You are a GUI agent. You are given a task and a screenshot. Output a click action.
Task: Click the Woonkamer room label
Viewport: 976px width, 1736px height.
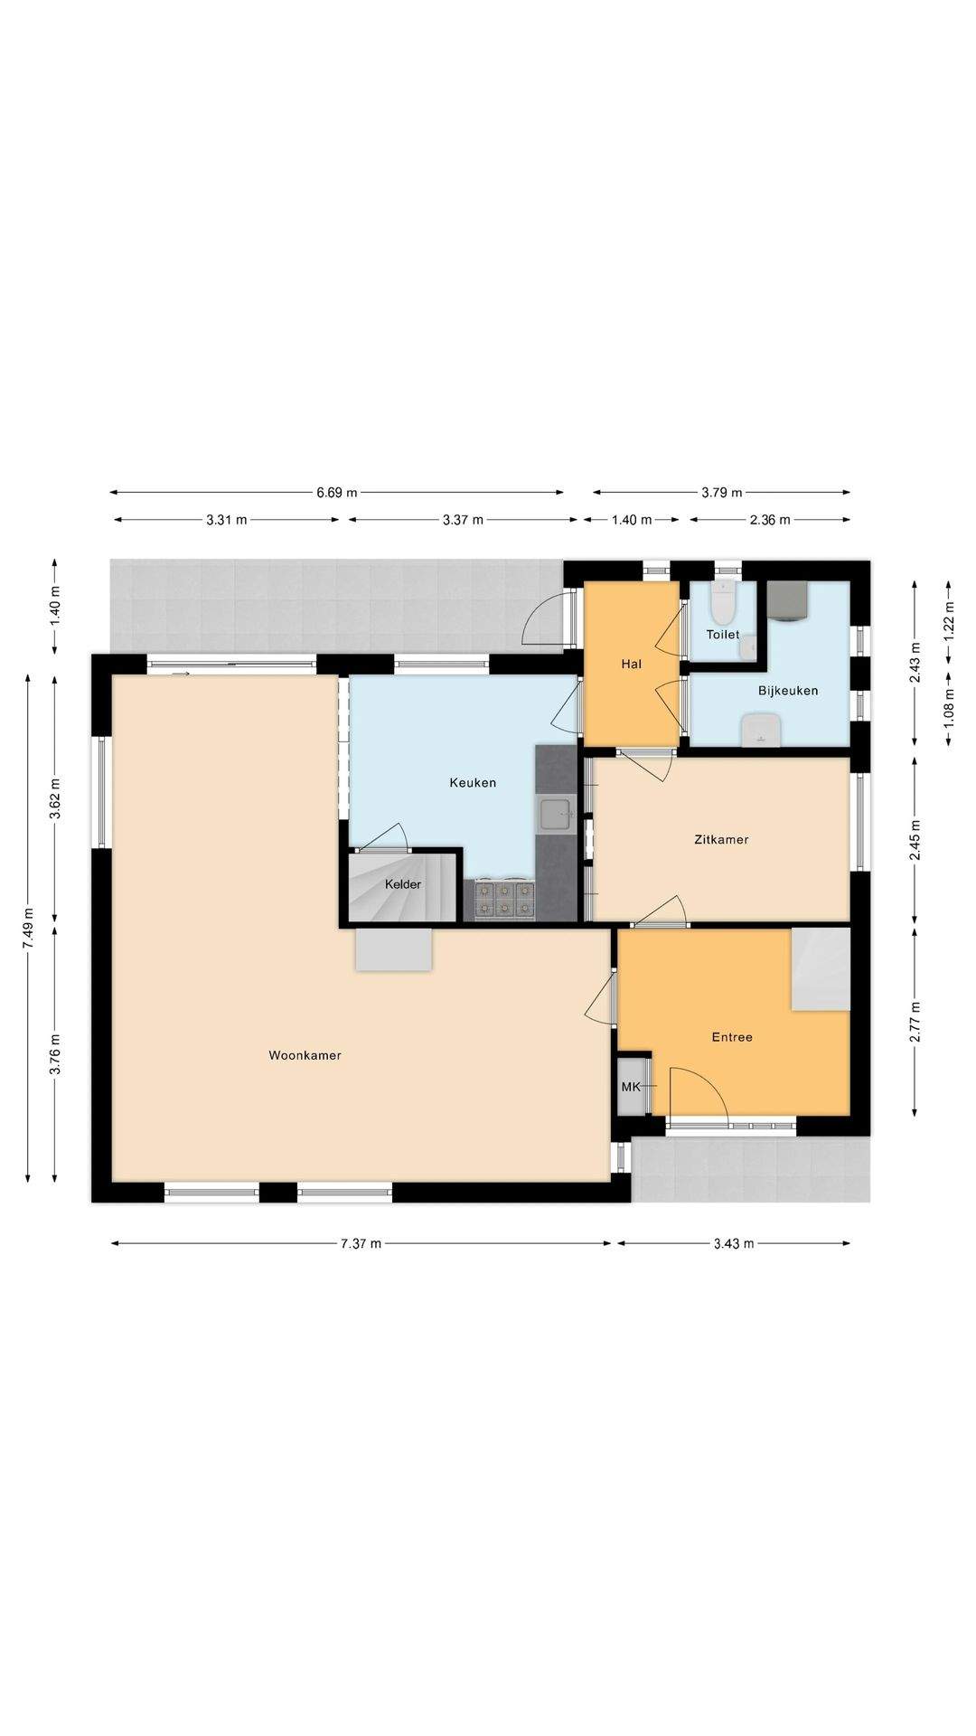[x=305, y=1055]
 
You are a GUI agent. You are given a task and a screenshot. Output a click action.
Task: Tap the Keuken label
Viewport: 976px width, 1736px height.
[x=473, y=782]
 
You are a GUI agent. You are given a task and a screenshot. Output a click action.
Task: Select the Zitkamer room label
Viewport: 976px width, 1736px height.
[x=721, y=839]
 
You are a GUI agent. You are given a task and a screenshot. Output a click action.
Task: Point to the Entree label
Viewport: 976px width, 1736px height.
[x=732, y=1037]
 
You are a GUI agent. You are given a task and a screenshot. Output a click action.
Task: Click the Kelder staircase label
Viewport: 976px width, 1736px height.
[x=403, y=884]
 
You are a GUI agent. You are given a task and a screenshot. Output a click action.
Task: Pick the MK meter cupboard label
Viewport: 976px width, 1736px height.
[x=631, y=1086]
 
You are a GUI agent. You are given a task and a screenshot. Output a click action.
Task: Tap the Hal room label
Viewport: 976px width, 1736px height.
[x=631, y=664]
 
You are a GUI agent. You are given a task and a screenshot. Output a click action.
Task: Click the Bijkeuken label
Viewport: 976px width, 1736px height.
[x=788, y=691]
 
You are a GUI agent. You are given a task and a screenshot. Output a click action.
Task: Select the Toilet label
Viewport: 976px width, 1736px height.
[x=723, y=635]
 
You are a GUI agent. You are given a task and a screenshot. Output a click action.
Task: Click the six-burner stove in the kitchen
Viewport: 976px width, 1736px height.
[x=504, y=899]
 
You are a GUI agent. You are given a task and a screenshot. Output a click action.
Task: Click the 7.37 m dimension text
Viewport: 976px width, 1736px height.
[x=361, y=1243]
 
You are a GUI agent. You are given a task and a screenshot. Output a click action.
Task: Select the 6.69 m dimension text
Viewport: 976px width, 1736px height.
[x=336, y=493]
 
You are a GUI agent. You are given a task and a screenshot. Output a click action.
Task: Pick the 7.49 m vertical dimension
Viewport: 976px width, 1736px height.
[x=28, y=927]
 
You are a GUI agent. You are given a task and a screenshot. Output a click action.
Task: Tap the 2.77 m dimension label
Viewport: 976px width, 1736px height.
[x=915, y=1022]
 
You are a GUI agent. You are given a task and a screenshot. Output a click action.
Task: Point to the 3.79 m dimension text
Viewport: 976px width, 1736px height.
[x=721, y=493]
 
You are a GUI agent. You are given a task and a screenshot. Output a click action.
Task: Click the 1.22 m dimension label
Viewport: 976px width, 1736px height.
[x=949, y=621]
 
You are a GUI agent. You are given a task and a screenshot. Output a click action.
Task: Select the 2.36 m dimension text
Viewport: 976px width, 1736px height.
[x=770, y=520]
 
